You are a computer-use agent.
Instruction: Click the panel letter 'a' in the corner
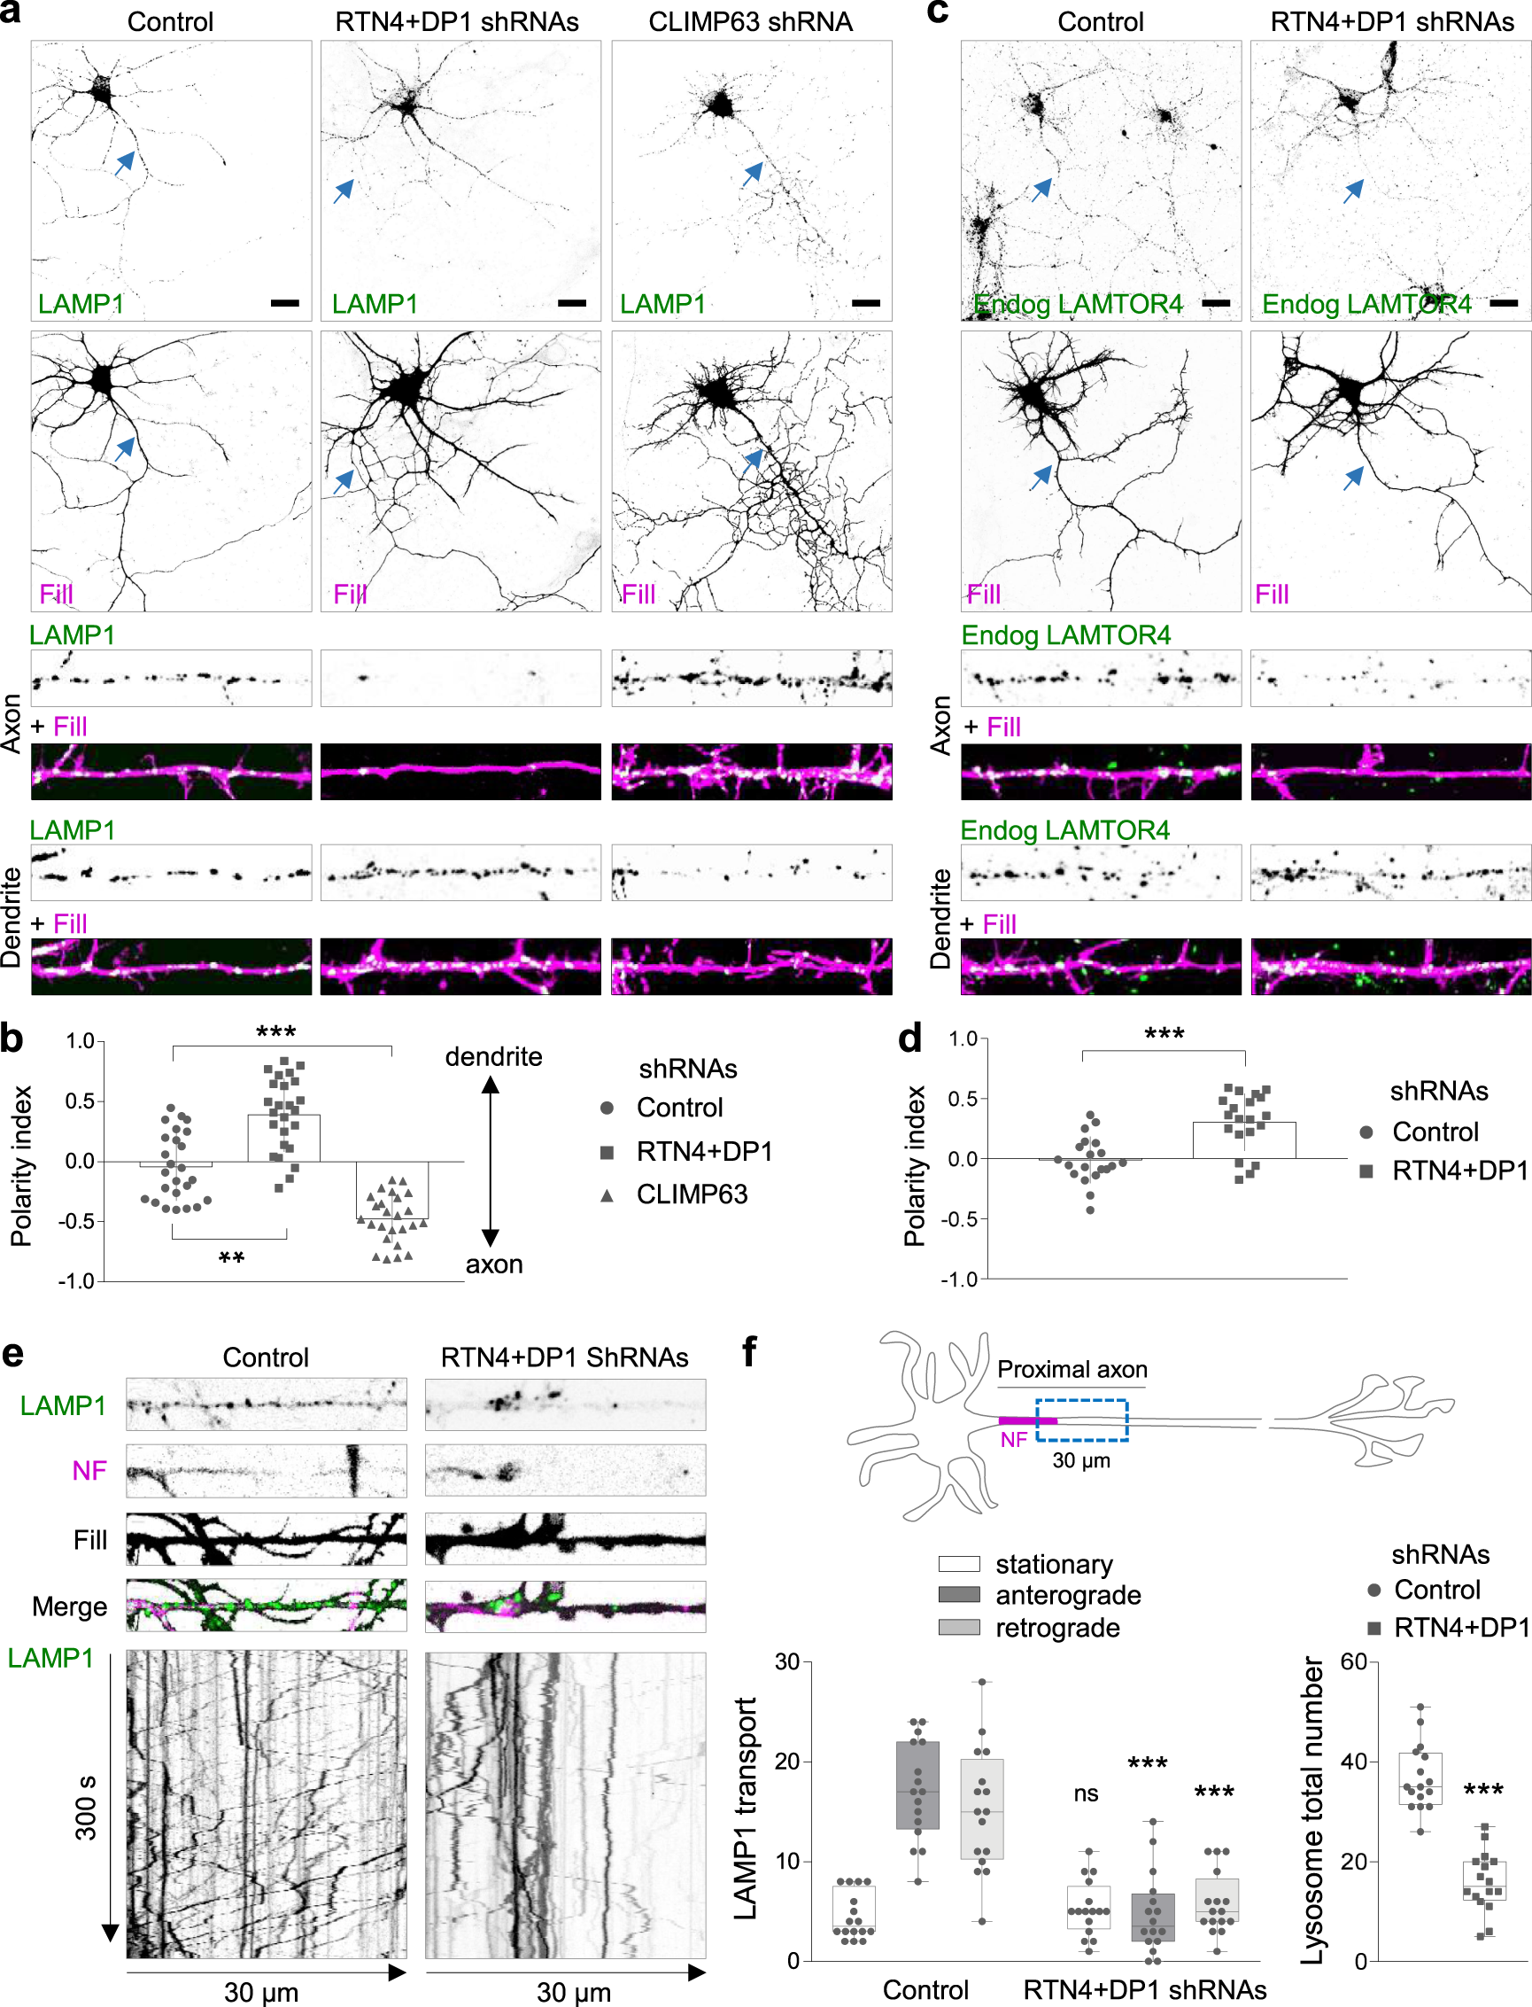11,12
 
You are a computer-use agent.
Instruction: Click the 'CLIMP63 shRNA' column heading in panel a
749,21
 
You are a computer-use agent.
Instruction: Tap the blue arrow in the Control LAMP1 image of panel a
125,163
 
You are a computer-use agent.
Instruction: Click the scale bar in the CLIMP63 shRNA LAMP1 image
865,303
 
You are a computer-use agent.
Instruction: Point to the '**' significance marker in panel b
232,1259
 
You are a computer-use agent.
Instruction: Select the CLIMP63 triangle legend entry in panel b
607,1195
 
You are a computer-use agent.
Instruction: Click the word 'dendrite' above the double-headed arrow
493,1056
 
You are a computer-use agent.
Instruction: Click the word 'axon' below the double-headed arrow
493,1264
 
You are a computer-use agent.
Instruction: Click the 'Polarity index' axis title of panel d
914,1166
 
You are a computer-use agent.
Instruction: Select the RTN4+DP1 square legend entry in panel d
1366,1171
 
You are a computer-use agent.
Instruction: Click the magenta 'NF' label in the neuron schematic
1013,1440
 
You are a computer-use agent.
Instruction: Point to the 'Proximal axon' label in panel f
1072,1369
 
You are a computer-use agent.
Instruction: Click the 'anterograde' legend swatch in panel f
958,1595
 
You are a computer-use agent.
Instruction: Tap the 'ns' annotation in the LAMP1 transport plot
1085,1793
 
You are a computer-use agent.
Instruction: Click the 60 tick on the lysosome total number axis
1353,1661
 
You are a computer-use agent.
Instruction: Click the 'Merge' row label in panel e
69,1606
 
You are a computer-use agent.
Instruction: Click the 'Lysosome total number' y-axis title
1311,1811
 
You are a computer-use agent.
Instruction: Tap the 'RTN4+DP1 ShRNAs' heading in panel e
563,1357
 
